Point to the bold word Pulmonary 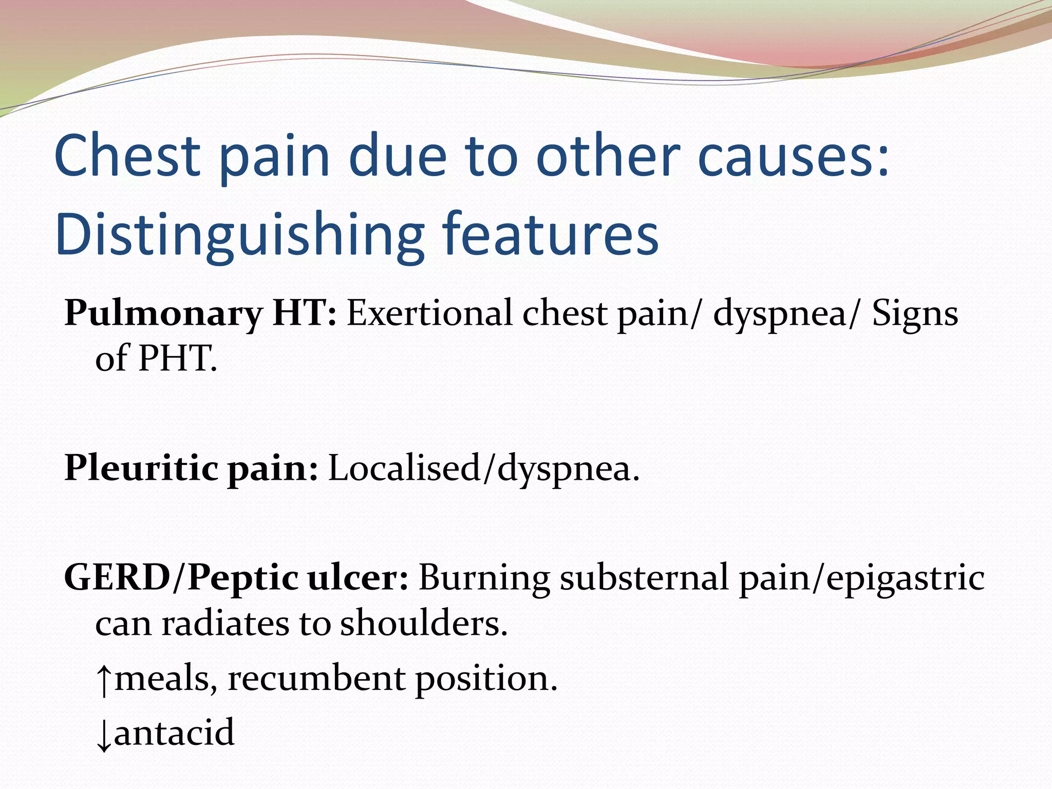tap(163, 313)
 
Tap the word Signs tap(915, 313)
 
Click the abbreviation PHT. tap(177, 358)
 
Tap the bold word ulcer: tap(358, 577)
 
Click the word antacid tap(174, 732)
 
